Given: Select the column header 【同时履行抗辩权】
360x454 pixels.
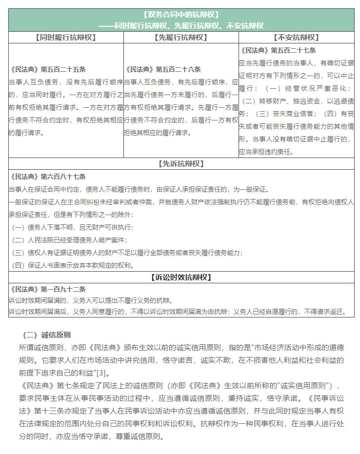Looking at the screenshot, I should [x=66, y=37].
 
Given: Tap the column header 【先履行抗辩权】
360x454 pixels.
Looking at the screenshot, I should [x=181, y=37].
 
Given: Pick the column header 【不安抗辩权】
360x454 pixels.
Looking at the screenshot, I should [x=296, y=37].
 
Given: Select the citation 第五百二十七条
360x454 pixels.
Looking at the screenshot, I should [x=294, y=50].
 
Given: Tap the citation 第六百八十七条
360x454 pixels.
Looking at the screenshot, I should [x=63, y=177].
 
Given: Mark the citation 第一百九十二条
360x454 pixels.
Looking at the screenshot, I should [x=63, y=289].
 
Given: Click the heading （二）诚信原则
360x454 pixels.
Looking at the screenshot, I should [x=47, y=335].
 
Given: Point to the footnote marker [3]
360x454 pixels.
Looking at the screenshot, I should [x=101, y=373].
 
